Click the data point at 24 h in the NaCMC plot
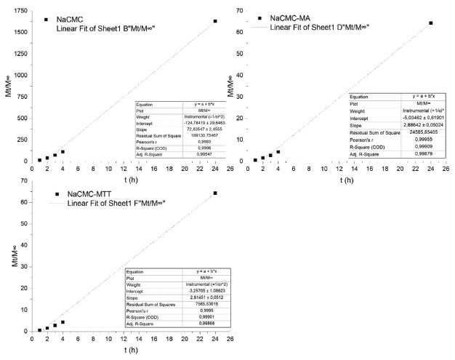(215, 21)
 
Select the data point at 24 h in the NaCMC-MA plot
(431, 23)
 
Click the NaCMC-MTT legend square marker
(56, 195)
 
